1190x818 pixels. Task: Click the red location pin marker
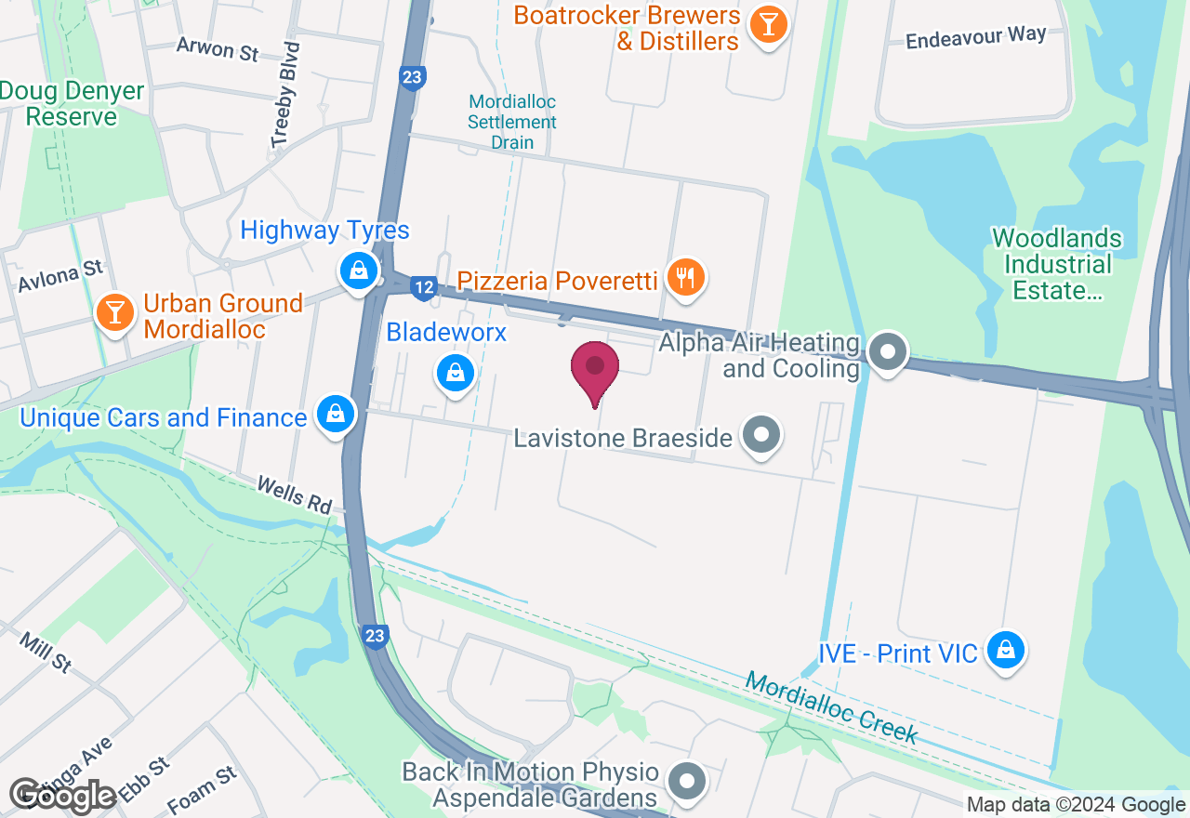[x=595, y=369]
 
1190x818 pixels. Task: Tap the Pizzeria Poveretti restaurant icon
[x=686, y=277]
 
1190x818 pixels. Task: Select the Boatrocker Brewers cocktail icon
[x=768, y=24]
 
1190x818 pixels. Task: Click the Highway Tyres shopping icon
[x=357, y=270]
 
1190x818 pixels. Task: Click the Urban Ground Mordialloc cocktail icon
[x=115, y=312]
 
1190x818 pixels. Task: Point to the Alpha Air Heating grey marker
[x=888, y=351]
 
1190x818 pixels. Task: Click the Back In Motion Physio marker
[x=688, y=782]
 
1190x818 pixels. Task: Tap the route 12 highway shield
[x=423, y=288]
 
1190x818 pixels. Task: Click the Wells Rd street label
[x=294, y=495]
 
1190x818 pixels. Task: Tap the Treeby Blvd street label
[x=286, y=94]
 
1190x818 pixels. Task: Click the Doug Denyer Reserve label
[x=72, y=104]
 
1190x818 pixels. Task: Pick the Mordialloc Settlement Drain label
[x=512, y=122]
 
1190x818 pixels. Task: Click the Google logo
[x=62, y=796]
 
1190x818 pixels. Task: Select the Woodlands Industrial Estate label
[x=1057, y=265]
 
